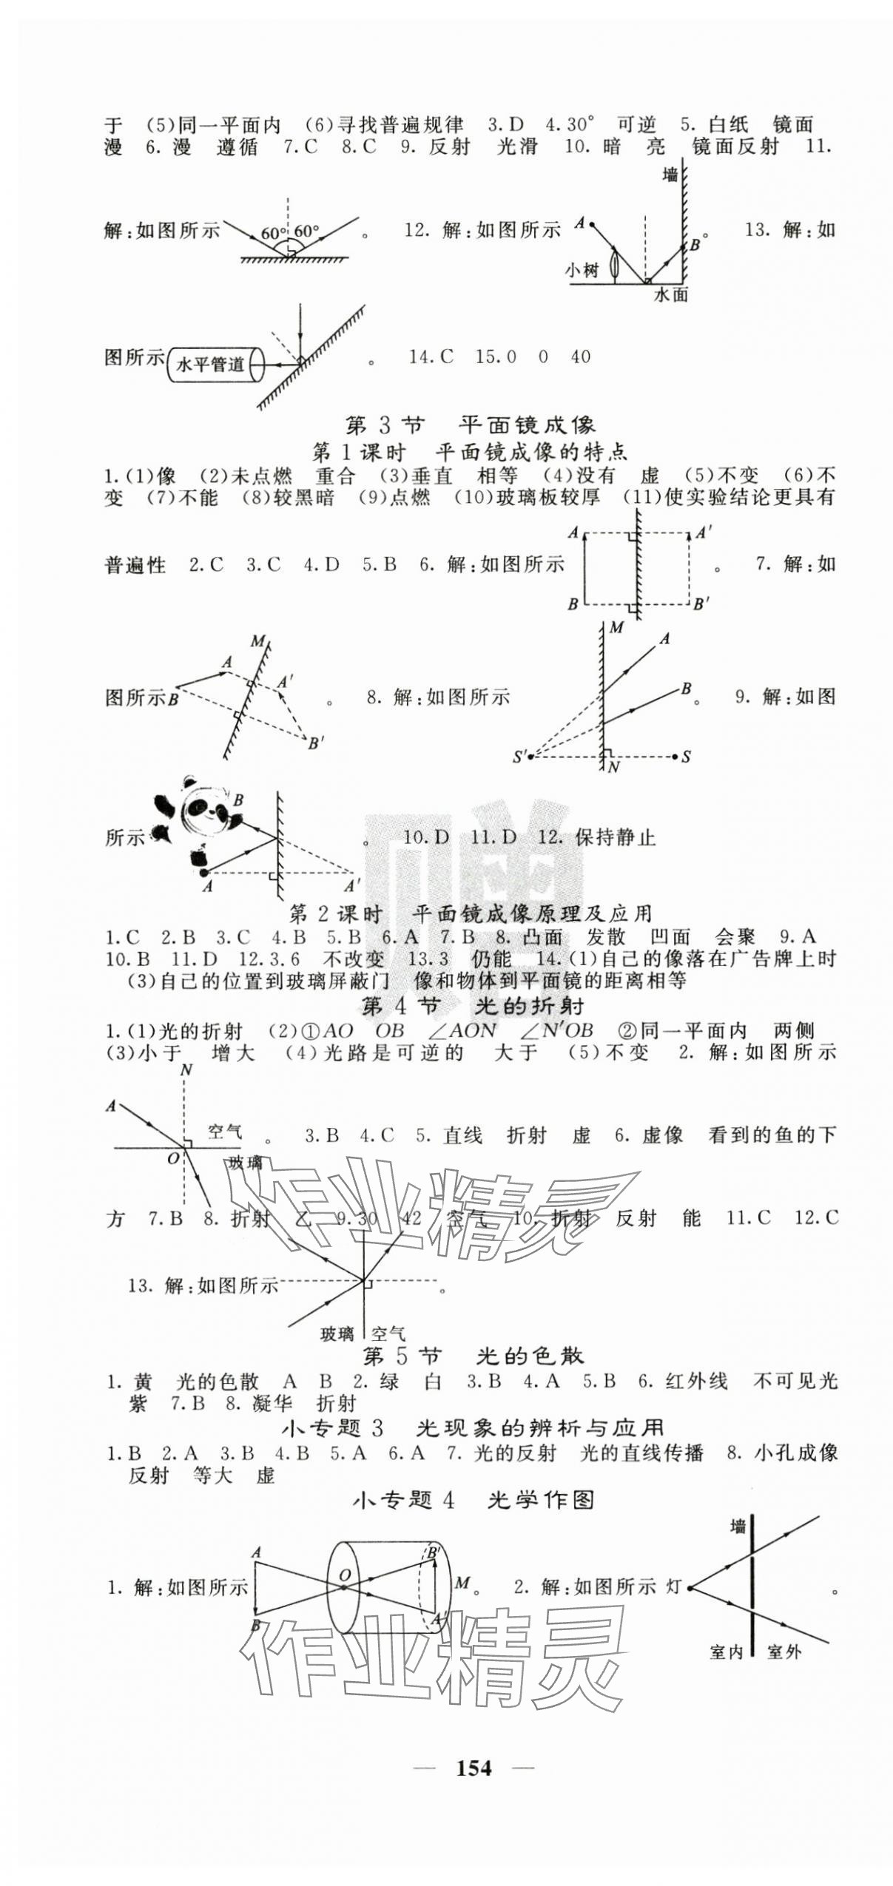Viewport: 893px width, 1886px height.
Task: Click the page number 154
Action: [x=474, y=1767]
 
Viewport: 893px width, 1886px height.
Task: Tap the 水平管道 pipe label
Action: [x=211, y=364]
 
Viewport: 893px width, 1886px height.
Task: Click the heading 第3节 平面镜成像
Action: [x=470, y=425]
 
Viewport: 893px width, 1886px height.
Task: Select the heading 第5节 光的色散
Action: [x=474, y=1356]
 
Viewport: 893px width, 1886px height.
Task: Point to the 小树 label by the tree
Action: [x=582, y=271]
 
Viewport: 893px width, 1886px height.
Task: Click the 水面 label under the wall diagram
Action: [x=671, y=295]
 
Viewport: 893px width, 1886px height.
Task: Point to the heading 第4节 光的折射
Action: [x=474, y=1006]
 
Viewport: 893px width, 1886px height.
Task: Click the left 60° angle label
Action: [x=272, y=234]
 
